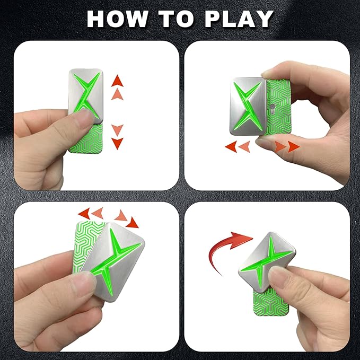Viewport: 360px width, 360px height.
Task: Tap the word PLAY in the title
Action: tap(239, 19)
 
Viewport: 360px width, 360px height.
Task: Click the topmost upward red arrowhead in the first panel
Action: tap(117, 81)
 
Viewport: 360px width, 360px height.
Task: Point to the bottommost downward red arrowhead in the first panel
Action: tap(117, 144)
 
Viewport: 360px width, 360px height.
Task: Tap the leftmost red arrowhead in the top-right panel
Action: tap(231, 147)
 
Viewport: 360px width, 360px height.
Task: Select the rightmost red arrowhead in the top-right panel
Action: tap(294, 147)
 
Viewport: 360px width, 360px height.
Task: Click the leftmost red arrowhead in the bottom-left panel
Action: tap(84, 214)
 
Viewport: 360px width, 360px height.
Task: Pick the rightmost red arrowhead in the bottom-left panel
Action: tap(133, 223)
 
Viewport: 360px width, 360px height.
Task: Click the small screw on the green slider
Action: tap(273, 107)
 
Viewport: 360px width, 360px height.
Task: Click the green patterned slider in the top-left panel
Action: tap(86, 138)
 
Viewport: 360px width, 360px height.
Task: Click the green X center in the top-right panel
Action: tap(248, 106)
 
